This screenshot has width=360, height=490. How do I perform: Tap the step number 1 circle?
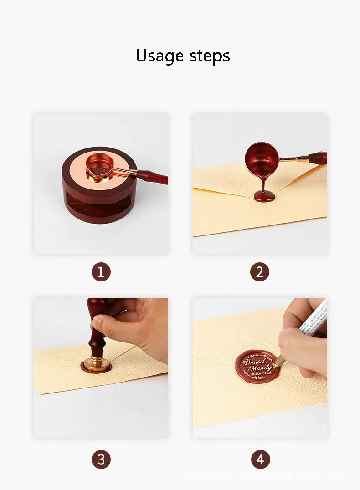(x=101, y=272)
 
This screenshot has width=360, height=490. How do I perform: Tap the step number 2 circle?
(x=259, y=272)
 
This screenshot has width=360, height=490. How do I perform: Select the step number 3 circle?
(x=101, y=459)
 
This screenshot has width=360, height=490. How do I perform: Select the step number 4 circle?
(x=260, y=459)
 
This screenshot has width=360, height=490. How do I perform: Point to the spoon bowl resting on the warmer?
(x=99, y=164)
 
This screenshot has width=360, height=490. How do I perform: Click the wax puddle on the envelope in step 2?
(x=265, y=196)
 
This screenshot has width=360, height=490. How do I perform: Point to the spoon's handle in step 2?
(x=317, y=158)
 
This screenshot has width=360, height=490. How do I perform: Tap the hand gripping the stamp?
(x=137, y=326)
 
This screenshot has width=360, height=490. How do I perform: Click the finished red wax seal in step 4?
(x=257, y=367)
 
